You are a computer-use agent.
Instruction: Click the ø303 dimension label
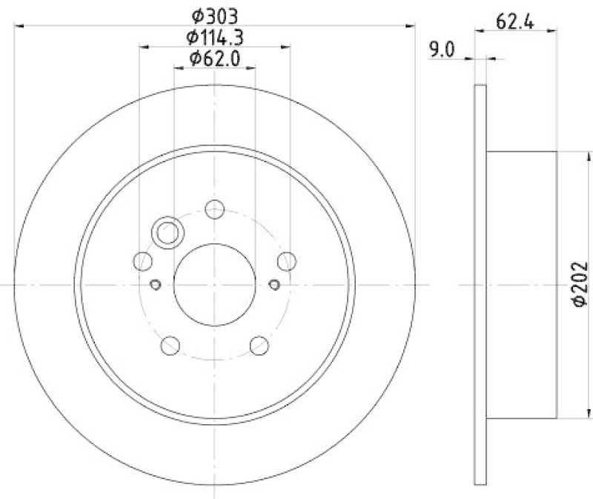click(x=215, y=15)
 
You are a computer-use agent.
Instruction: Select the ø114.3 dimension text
click(x=215, y=36)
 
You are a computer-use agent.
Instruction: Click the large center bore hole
click(x=214, y=285)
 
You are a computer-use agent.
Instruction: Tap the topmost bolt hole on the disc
click(x=214, y=209)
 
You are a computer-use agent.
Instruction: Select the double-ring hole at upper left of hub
click(x=167, y=233)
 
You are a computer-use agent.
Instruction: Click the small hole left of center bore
click(x=155, y=284)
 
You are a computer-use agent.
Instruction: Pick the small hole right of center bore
click(x=274, y=284)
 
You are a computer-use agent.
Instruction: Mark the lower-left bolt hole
click(x=170, y=345)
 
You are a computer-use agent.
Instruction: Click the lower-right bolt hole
click(x=259, y=345)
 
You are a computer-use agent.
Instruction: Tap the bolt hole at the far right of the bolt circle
click(x=286, y=260)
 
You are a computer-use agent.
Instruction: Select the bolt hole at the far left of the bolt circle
click(x=142, y=260)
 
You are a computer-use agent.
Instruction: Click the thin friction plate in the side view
click(x=480, y=285)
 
